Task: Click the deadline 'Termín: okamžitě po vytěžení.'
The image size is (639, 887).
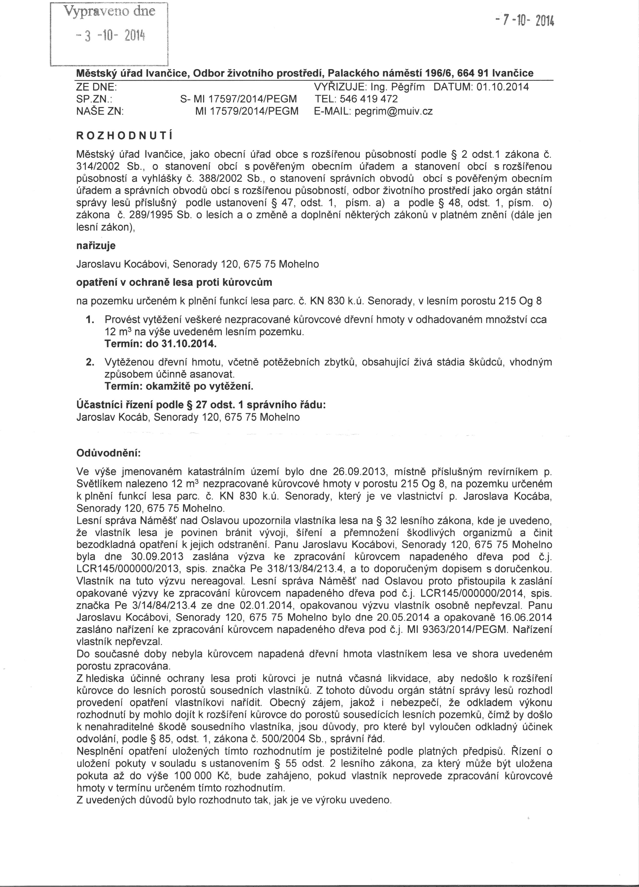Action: (x=179, y=386)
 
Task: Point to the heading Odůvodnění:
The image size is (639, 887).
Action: (x=108, y=454)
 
